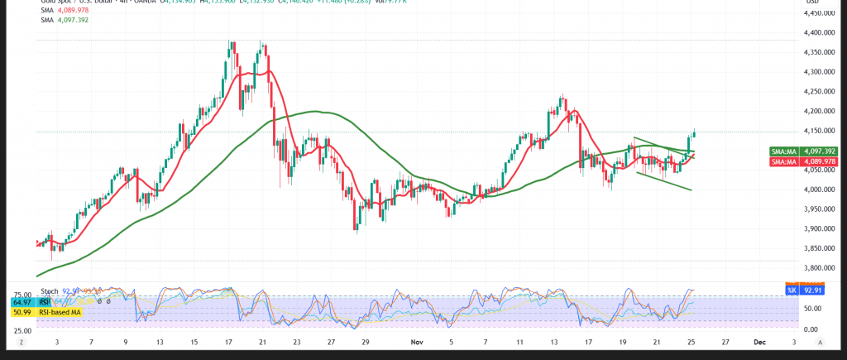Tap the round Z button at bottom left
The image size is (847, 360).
point(23,342)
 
